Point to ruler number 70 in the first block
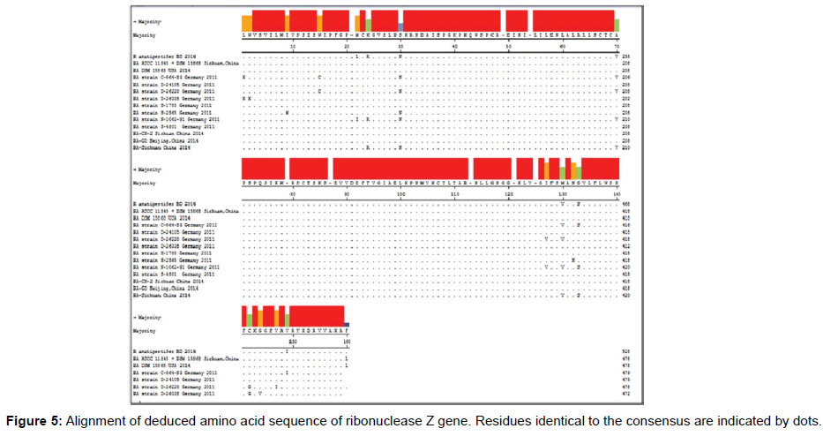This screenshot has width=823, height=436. (617, 45)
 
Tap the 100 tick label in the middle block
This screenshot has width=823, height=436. (401, 192)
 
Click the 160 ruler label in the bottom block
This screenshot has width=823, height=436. (348, 340)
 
